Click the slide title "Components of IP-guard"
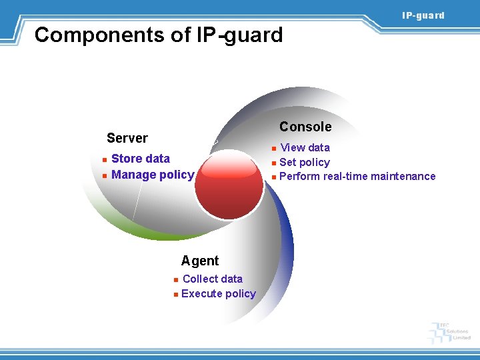pos(159,35)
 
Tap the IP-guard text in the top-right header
pos(423,15)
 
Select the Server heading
pos(127,138)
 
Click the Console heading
pos(305,127)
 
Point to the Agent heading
pos(200,261)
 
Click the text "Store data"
pos(141,159)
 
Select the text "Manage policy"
pos(153,175)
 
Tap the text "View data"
pos(305,147)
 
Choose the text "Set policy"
pos(305,162)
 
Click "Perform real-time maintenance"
pos(357,177)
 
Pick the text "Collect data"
pos(212,279)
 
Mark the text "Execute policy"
pos(218,294)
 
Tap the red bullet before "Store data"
pos(105,160)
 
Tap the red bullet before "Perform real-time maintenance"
pos(273,177)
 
